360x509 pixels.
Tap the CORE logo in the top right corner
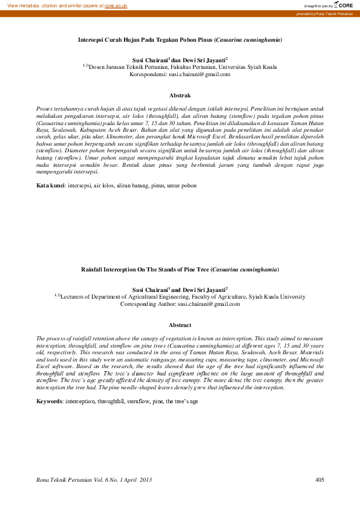[344, 5]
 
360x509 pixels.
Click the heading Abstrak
[180, 96]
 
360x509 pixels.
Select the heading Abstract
[180, 325]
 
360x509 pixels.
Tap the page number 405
[320, 479]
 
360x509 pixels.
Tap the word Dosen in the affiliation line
[97, 67]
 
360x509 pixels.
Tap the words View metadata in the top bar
[24, 5]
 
